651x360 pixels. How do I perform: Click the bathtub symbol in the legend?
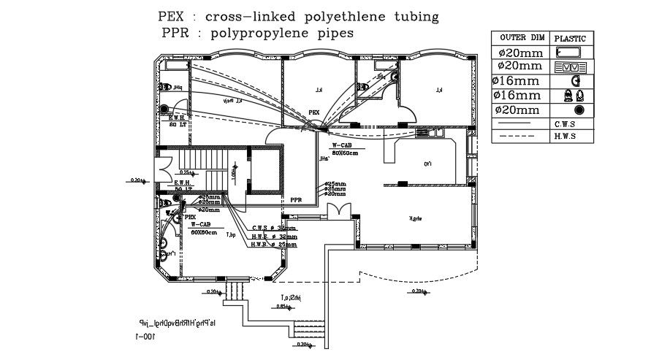pyautogui.click(x=568, y=53)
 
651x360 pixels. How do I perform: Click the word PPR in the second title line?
pyautogui.click(x=175, y=33)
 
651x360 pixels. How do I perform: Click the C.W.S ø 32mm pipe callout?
pyautogui.click(x=273, y=228)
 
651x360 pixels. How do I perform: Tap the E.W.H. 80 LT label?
pyautogui.click(x=179, y=121)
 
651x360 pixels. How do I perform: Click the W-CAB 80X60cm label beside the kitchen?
pyautogui.click(x=345, y=150)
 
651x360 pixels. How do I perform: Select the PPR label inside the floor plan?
pyautogui.click(x=296, y=199)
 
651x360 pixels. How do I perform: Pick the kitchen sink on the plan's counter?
pyautogui.click(x=425, y=133)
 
